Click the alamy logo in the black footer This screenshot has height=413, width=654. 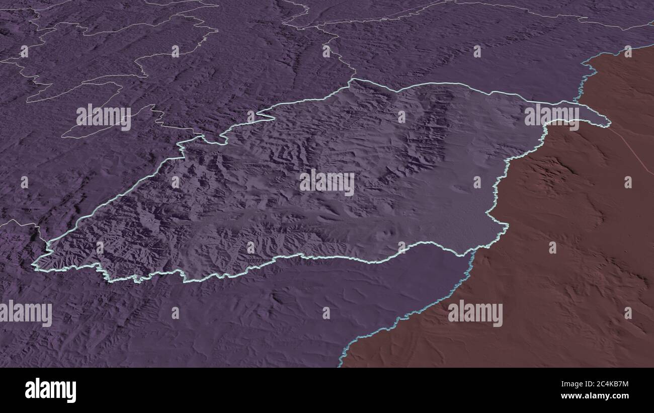click(50, 390)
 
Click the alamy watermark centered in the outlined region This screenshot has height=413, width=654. click(327, 183)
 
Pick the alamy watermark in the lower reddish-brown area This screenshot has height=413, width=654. click(475, 313)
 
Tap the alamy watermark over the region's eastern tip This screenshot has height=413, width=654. click(552, 117)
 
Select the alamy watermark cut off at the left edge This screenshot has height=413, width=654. click(26, 313)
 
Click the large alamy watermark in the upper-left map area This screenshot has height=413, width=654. click(104, 117)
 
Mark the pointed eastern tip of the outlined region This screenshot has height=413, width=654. click(609, 122)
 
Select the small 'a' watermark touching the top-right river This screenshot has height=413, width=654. click(627, 51)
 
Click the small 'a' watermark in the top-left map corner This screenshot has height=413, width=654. click(24, 51)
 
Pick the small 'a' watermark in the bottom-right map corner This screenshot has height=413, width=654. click(627, 313)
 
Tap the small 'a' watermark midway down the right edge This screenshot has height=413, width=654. click(627, 182)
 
